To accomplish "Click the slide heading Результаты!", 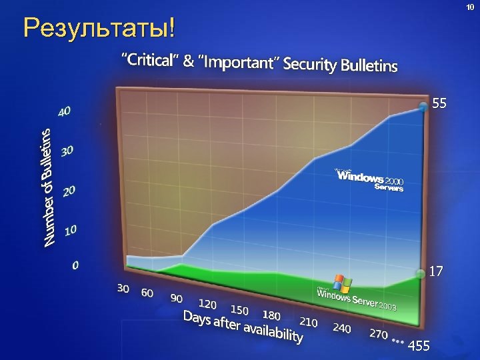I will click(x=101, y=28).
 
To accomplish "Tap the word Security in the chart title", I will click(x=311, y=64).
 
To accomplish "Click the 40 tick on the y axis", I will click(x=64, y=111).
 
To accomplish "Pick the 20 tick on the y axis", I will click(x=69, y=191).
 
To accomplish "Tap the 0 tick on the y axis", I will click(x=75, y=265).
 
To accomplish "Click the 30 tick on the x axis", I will click(x=123, y=288).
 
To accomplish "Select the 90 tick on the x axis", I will click(x=177, y=298).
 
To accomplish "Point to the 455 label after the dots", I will click(x=418, y=346).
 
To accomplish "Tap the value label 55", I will click(x=439, y=103).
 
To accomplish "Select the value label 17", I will click(x=436, y=271).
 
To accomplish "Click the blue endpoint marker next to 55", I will click(x=423, y=107).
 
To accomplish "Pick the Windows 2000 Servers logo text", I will click(x=369, y=181).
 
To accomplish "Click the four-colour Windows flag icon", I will click(x=343, y=283).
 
